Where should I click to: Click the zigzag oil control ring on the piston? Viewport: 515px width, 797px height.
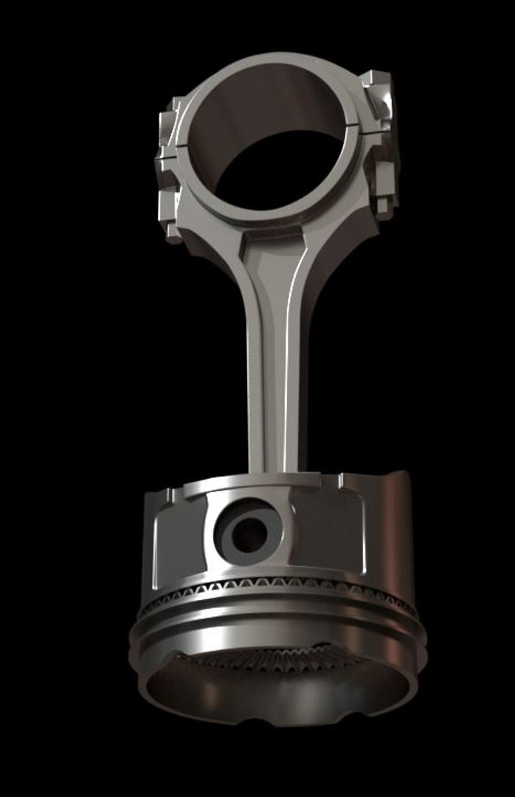280,586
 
